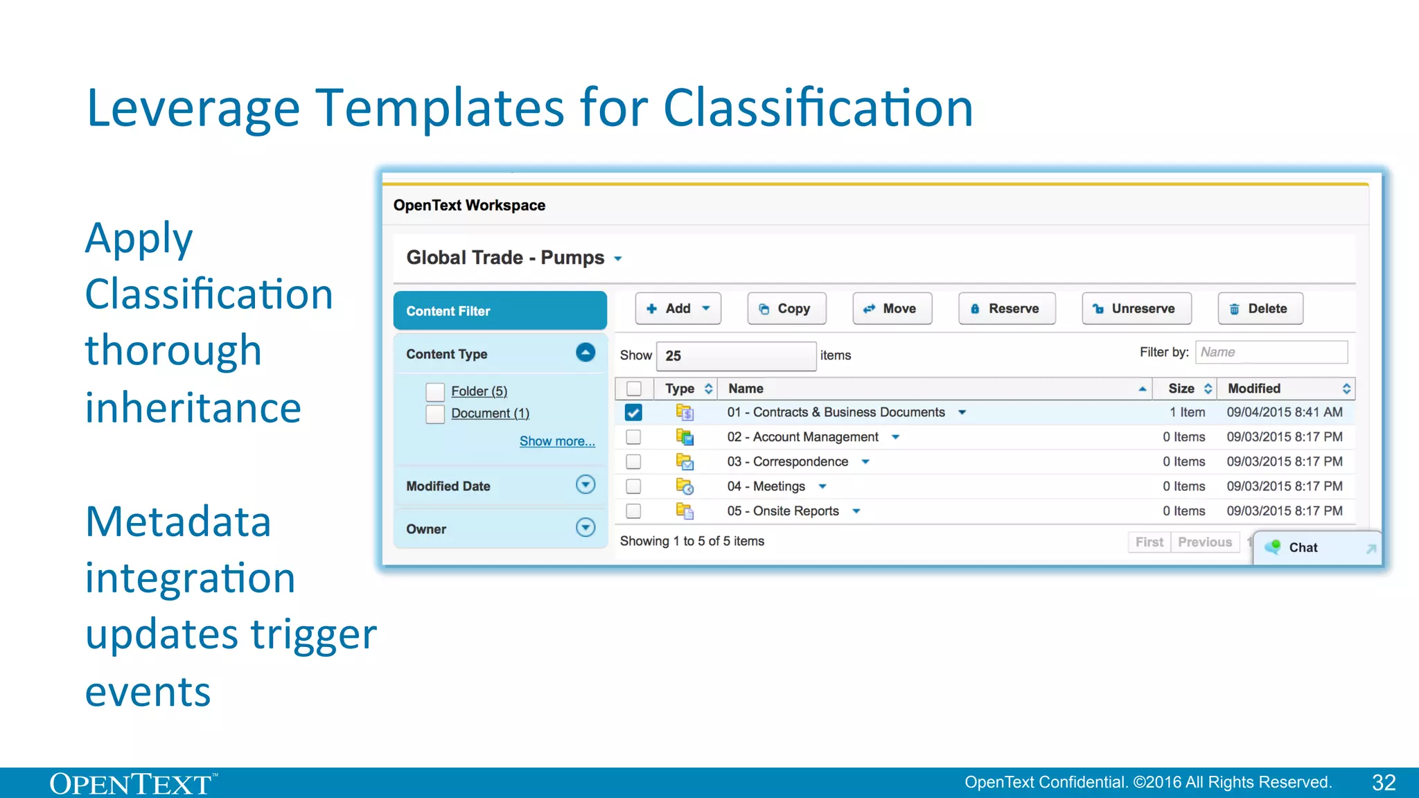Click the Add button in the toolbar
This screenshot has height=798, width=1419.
click(678, 309)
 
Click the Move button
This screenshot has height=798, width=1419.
click(892, 309)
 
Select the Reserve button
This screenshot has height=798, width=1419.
click(1006, 309)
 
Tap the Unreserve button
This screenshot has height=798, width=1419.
click(1136, 309)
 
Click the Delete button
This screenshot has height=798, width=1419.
click(1260, 309)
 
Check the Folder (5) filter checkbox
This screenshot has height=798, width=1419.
click(435, 392)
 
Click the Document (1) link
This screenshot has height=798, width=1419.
click(490, 414)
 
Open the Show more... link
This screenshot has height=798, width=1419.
click(557, 441)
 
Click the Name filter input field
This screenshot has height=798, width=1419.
click(1271, 353)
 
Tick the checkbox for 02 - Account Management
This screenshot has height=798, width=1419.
click(633, 437)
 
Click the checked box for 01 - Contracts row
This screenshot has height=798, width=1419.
click(633, 413)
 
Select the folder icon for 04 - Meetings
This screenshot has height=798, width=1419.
click(685, 487)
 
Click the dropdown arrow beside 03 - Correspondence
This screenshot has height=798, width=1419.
click(865, 462)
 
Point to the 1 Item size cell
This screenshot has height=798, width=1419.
click(1187, 413)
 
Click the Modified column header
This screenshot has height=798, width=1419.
click(1254, 389)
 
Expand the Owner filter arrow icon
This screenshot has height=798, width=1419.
click(585, 528)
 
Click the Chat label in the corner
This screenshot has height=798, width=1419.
click(1303, 548)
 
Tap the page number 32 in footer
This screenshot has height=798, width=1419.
click(1384, 783)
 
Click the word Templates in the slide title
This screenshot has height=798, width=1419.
click(440, 109)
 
